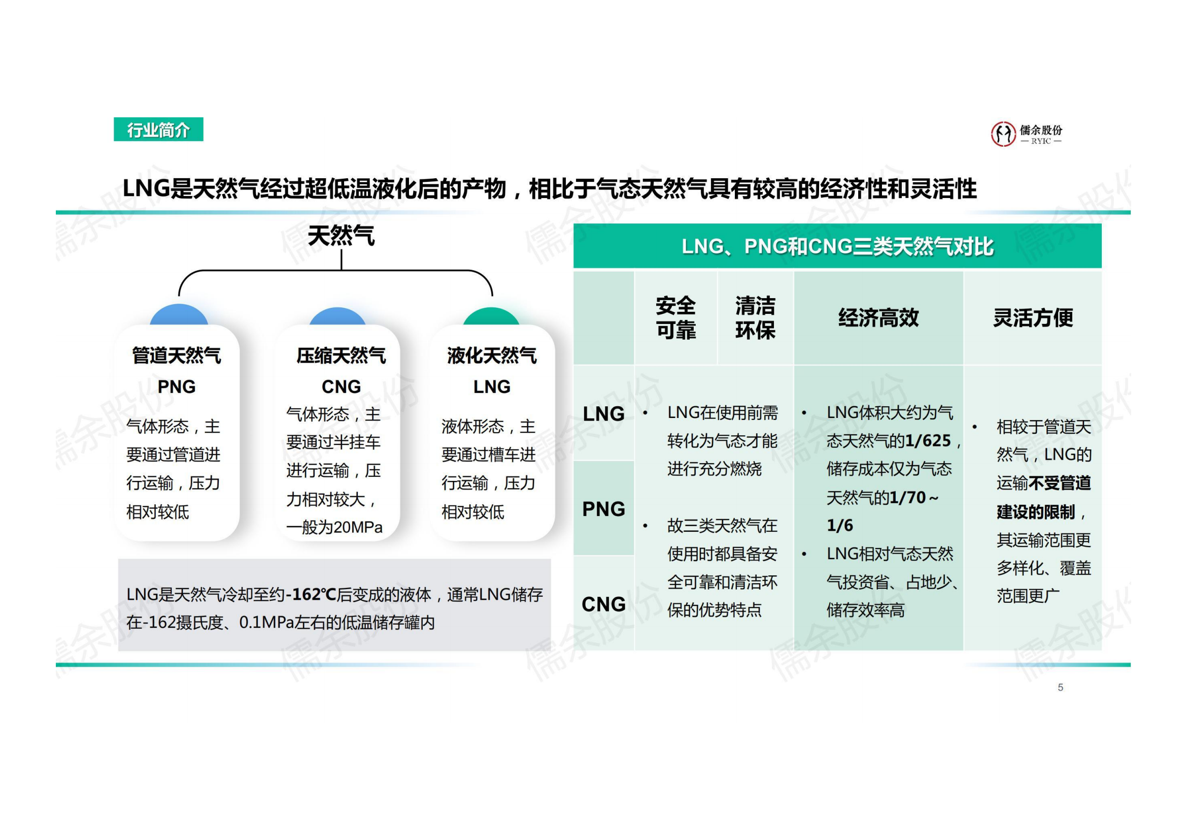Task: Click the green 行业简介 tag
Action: pos(158,130)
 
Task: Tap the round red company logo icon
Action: pos(1003,134)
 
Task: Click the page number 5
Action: pos(1060,688)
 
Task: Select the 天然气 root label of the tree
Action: pos(341,236)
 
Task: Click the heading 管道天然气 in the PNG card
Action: pos(177,356)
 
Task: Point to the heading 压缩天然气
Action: pos(341,356)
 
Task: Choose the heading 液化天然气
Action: pos(492,356)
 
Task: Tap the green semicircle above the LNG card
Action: pos(491,316)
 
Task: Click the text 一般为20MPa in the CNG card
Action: pos(334,527)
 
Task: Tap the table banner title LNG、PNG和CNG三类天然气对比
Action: pos(837,246)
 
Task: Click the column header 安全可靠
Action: pos(675,317)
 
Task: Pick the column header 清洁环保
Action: pos(755,317)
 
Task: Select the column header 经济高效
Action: pos(878,317)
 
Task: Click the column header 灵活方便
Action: pos(1033,317)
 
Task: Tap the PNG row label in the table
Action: pos(603,509)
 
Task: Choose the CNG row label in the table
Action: pos(603,604)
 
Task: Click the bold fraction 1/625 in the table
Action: pos(928,441)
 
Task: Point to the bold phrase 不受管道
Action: pos(1060,483)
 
